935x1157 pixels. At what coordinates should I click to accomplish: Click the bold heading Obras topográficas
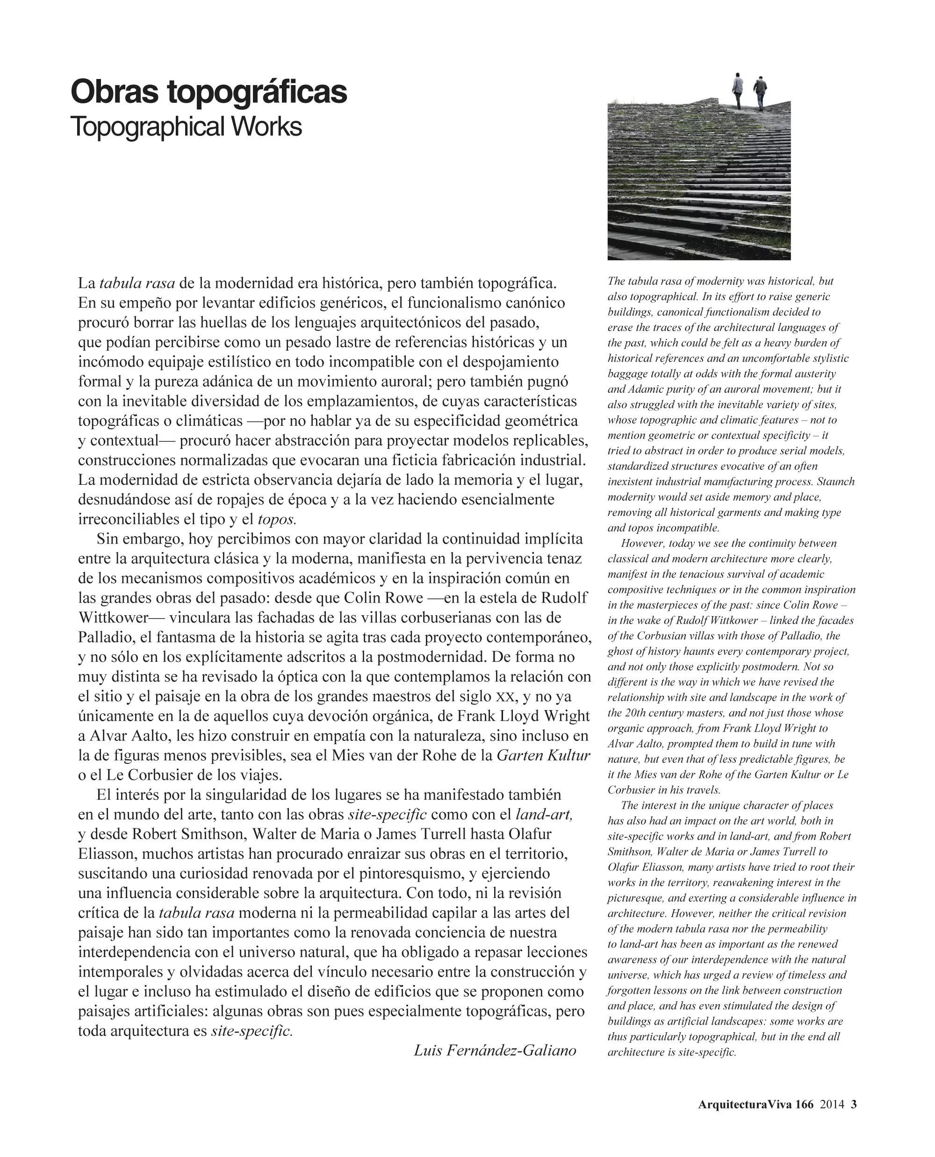click(x=209, y=93)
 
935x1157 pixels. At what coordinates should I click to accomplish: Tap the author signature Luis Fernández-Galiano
click(x=495, y=1050)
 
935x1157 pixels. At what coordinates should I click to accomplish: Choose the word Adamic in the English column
click(x=640, y=389)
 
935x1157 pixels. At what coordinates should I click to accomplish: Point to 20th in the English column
click(x=635, y=712)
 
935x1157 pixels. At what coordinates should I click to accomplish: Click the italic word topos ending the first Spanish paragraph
click(x=277, y=519)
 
